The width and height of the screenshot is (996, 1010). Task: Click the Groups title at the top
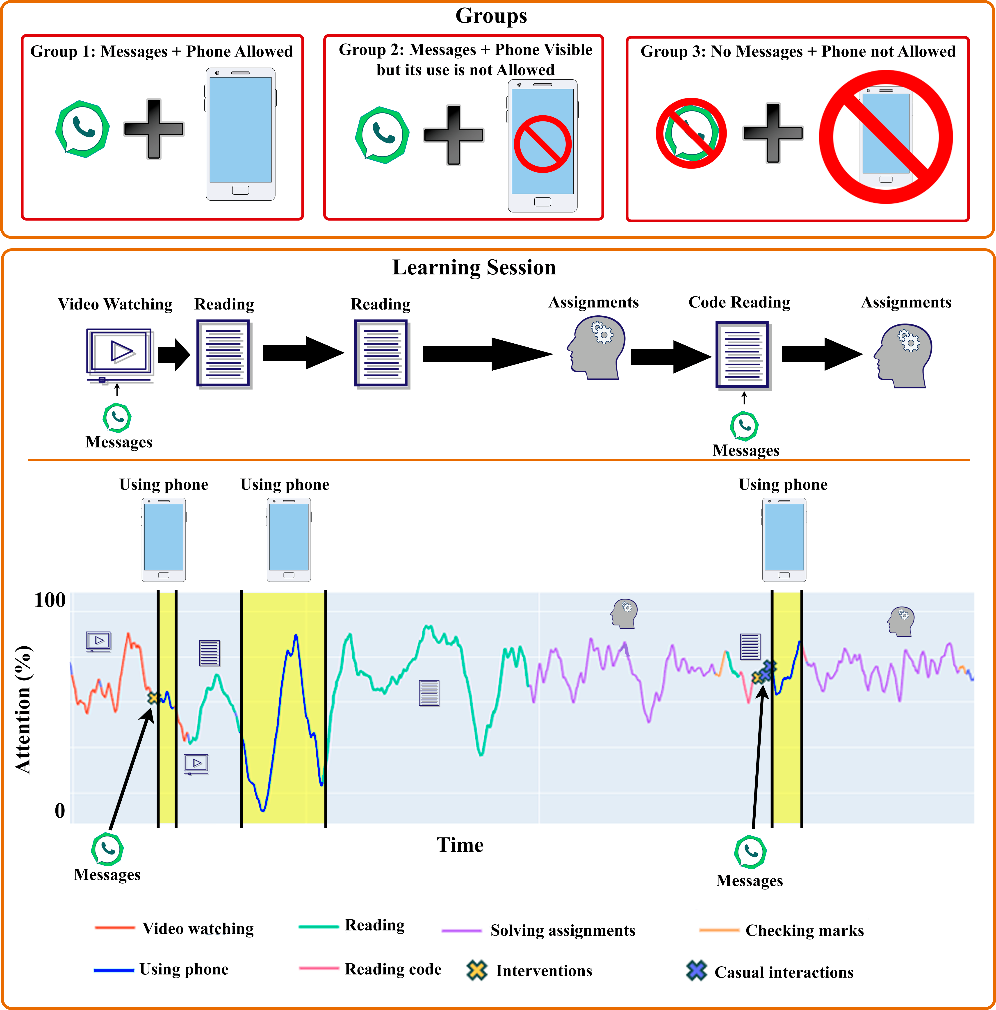[491, 16]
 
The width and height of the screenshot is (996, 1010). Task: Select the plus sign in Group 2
[453, 135]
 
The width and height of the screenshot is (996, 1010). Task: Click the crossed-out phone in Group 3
[886, 137]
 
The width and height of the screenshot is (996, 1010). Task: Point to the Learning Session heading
[474, 267]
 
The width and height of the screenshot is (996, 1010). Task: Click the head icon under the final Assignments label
[903, 356]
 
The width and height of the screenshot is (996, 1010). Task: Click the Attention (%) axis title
[23, 709]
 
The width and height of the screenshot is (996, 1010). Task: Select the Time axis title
[460, 845]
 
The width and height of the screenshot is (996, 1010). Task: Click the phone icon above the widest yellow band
[289, 540]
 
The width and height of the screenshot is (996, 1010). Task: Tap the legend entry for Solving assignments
[538, 930]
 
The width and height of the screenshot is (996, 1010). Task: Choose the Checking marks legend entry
[782, 930]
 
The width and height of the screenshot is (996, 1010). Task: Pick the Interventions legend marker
[477, 970]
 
